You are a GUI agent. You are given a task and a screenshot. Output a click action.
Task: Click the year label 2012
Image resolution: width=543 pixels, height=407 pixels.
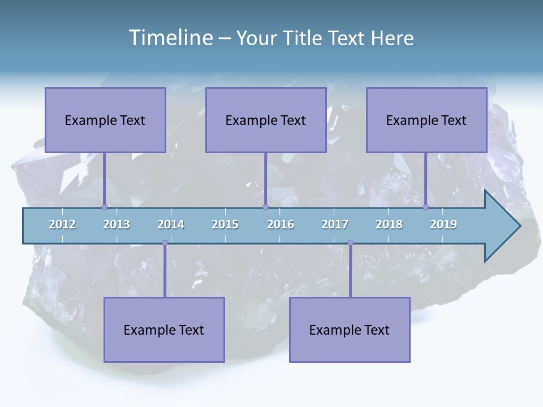62,224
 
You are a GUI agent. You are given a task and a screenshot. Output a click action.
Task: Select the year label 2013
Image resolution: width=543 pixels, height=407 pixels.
117,224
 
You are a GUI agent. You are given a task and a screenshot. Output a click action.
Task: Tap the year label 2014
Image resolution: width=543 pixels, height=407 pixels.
171,224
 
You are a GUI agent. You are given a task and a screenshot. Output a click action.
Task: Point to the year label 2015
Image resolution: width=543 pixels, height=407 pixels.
225,224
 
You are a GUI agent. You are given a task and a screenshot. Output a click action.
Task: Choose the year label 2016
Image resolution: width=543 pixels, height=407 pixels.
281,224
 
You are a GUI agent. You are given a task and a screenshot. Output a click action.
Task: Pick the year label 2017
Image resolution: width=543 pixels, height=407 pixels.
335,224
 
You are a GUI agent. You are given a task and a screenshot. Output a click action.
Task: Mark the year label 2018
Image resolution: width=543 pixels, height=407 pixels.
389,224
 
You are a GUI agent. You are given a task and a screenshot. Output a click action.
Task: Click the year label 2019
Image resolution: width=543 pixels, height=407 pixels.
443,224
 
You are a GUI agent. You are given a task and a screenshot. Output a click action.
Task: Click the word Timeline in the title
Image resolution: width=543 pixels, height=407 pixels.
169,38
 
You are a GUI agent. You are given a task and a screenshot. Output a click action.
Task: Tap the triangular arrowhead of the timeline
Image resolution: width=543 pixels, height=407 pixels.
501,226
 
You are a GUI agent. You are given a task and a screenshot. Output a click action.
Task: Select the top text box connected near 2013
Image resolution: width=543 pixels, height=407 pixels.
105,120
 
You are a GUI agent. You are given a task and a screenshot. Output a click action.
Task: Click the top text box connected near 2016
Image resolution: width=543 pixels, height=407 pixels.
266,120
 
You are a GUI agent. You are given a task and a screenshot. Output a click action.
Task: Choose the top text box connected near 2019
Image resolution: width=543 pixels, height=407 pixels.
426,120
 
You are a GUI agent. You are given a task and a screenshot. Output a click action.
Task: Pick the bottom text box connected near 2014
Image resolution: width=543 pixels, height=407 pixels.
164,330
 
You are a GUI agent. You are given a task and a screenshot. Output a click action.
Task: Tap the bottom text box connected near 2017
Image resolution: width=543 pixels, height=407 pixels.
350,330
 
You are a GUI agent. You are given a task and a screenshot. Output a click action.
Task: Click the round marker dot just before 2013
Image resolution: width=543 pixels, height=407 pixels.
104,207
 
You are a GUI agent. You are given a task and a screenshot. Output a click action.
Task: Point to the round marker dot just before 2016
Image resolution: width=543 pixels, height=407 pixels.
265,207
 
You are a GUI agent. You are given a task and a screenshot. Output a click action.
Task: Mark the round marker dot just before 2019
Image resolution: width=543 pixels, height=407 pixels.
425,207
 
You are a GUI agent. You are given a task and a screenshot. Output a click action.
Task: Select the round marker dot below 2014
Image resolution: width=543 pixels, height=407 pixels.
165,243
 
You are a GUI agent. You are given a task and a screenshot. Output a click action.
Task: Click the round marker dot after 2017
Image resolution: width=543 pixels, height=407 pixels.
350,243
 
